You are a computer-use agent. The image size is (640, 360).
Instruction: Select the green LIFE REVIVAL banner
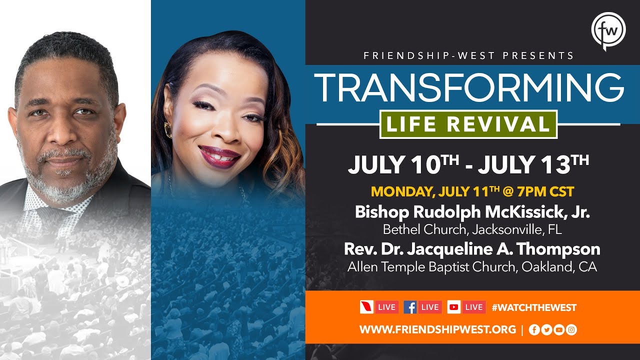click(x=468, y=124)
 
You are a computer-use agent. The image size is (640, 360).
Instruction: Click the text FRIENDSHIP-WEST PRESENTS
click(x=469, y=55)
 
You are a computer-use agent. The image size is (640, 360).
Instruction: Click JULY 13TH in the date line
click(x=533, y=165)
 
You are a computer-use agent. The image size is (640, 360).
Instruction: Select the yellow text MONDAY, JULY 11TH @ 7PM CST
click(x=472, y=191)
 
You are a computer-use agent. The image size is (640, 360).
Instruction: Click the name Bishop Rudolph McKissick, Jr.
click(x=472, y=212)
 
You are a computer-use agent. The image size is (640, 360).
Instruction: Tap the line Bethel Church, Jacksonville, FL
click(x=472, y=229)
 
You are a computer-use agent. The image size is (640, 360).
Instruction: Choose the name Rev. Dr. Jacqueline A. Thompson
click(x=472, y=248)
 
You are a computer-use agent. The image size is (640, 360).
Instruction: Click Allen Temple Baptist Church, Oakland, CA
click(x=472, y=266)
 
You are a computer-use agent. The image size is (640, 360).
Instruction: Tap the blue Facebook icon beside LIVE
click(x=410, y=307)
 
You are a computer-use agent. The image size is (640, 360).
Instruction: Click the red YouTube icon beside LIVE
click(x=454, y=307)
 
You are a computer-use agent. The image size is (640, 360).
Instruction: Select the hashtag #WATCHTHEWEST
click(x=534, y=307)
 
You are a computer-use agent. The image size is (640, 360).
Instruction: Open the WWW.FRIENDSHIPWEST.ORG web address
click(x=437, y=329)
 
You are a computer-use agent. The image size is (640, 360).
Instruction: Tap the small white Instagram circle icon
click(x=571, y=329)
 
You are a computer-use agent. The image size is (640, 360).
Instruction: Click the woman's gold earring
click(x=168, y=129)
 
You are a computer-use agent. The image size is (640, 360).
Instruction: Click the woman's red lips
click(x=220, y=155)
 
